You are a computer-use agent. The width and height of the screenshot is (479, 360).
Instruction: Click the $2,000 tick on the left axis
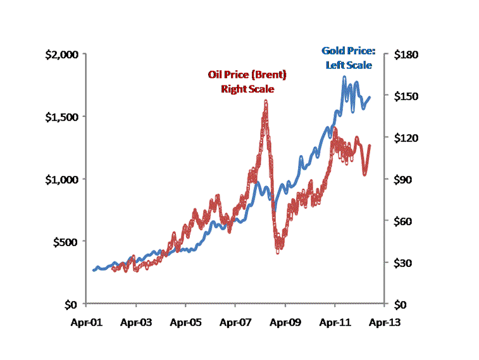tap(61, 54)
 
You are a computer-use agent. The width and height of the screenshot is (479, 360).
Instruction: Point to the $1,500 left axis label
tap(61, 117)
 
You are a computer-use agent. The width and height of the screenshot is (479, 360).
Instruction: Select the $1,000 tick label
tap(61, 179)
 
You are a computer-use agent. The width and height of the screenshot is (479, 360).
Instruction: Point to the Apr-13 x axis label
tap(383, 321)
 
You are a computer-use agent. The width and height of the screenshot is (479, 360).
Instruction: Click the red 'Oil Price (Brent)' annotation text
tap(247, 75)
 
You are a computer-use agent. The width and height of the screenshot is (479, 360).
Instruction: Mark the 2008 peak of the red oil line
tap(266, 101)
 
